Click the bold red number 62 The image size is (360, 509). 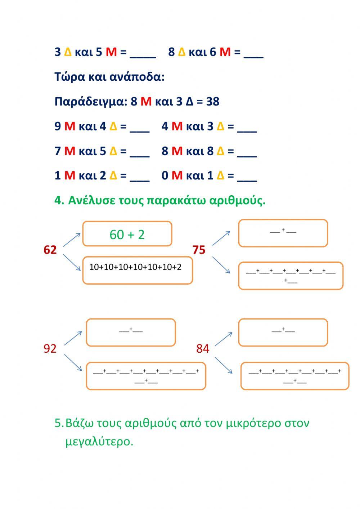[50, 250]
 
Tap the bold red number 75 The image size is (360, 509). [199, 250]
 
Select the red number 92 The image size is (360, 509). [50, 348]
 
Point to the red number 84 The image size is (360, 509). [203, 348]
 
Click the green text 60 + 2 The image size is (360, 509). [127, 235]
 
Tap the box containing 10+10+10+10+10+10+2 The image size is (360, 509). [138, 270]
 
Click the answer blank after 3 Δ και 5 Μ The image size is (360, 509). [143, 53]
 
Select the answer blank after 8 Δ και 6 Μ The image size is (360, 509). [253, 53]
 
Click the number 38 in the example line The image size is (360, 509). [213, 102]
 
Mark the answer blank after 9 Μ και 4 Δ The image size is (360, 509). [139, 128]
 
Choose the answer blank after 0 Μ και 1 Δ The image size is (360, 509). [247, 177]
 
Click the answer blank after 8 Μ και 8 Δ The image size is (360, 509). [247, 152]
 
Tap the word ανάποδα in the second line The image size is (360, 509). [139, 77]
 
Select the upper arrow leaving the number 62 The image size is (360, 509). [72, 240]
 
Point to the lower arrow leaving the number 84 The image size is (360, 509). [223, 365]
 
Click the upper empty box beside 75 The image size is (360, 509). [283, 233]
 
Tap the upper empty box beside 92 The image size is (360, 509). [131, 332]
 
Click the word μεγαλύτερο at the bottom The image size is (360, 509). [99, 441]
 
